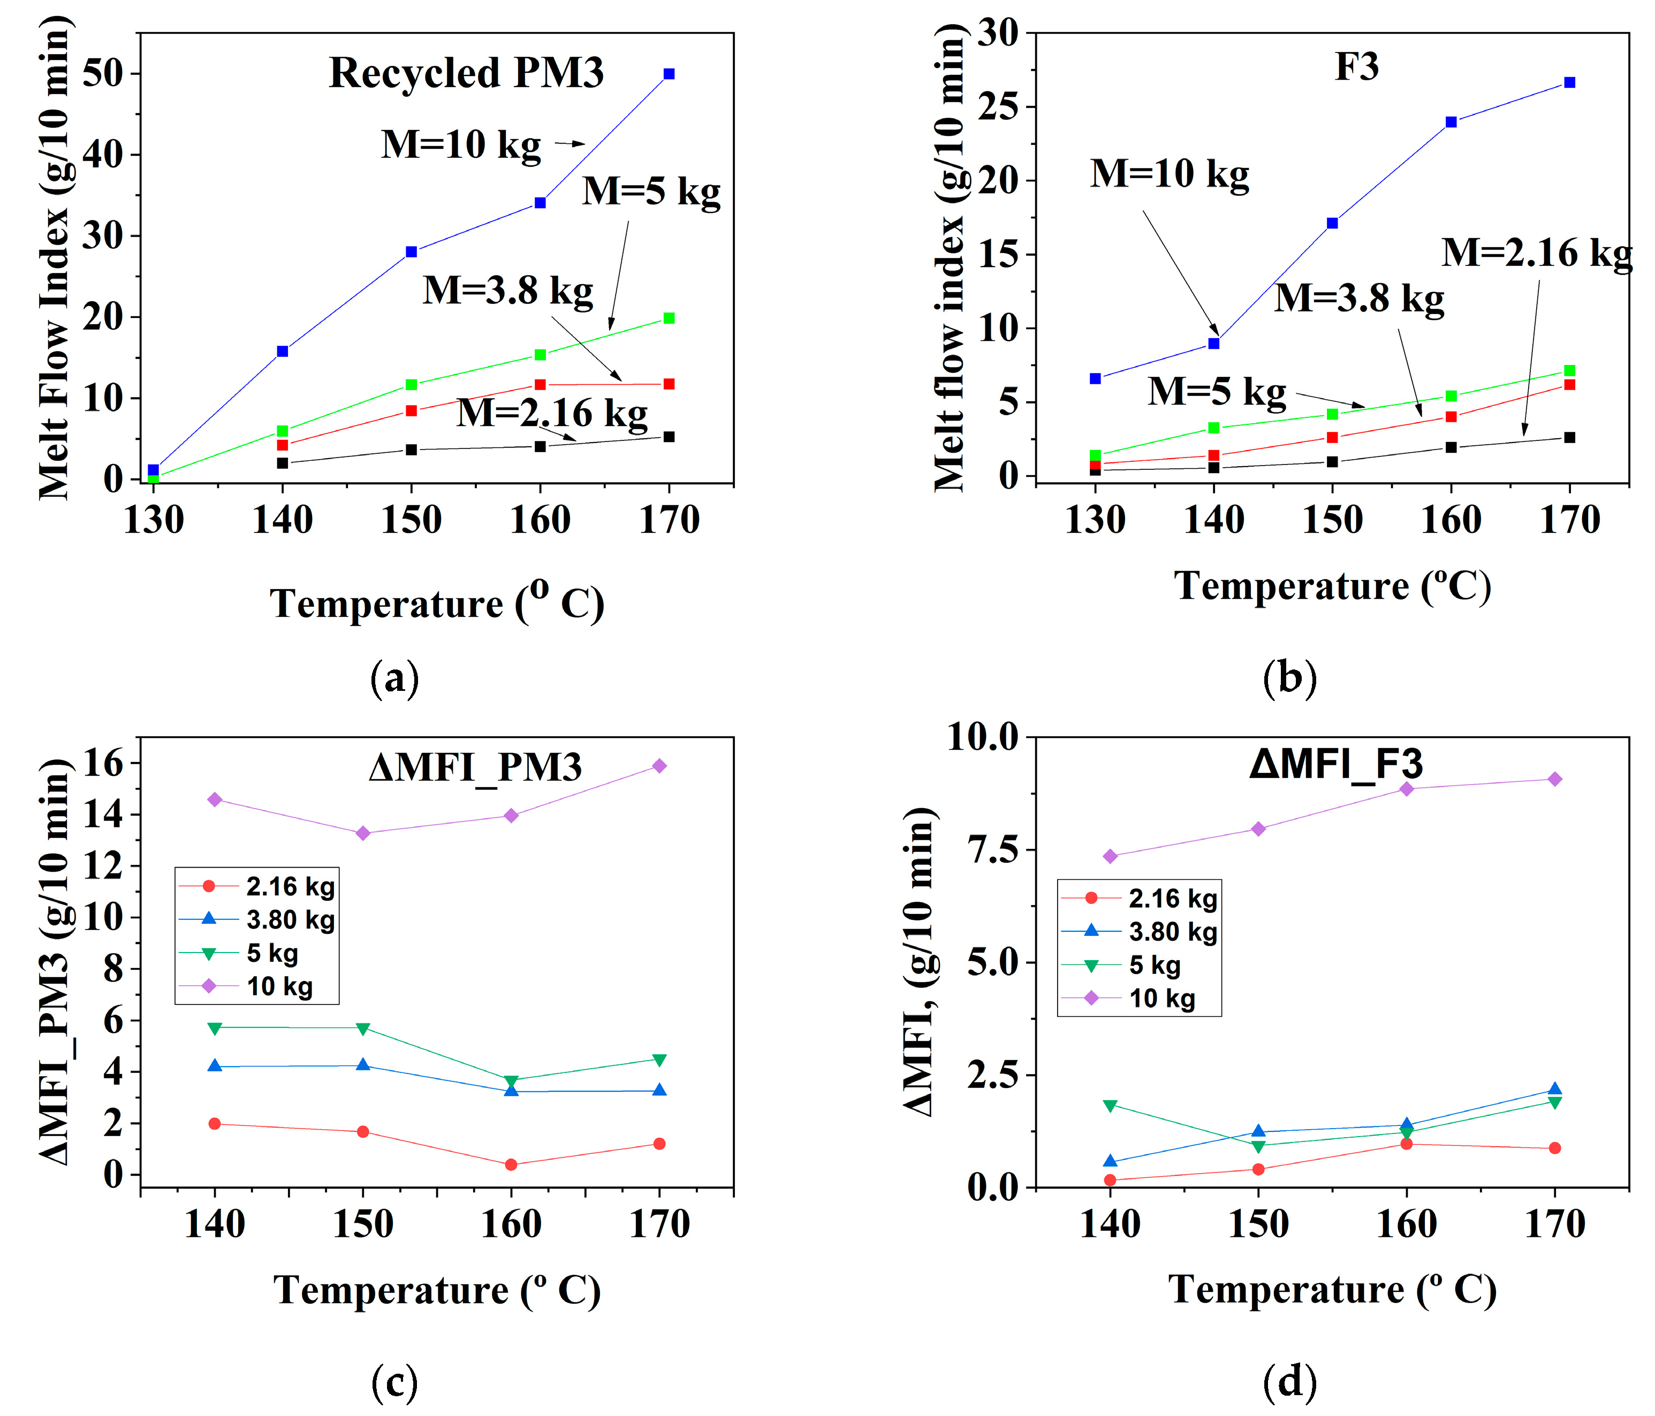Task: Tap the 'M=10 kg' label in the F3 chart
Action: click(x=1170, y=173)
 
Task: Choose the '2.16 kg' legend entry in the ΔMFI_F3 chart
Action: click(x=1172, y=899)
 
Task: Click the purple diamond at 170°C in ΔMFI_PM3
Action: click(x=659, y=766)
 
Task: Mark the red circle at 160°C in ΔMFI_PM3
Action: click(x=511, y=1164)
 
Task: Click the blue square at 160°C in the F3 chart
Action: click(x=1451, y=122)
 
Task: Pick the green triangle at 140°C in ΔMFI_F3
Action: click(x=1110, y=1105)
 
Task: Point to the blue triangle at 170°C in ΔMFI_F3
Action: click(x=1554, y=1090)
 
